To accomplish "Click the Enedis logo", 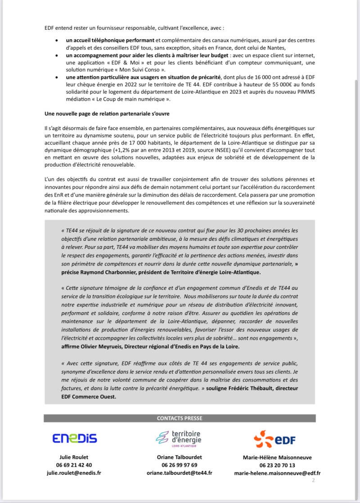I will [74, 438].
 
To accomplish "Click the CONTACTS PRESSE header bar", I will [180, 418].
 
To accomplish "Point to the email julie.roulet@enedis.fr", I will [74, 473].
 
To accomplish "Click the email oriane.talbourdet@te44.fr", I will [180, 473].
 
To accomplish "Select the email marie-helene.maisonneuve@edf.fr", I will [277, 473].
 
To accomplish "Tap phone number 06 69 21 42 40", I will [74, 465].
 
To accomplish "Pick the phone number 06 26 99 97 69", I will [180, 465].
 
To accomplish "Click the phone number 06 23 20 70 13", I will [277, 466].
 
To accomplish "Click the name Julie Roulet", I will [74, 457].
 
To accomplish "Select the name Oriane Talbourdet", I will [180, 457].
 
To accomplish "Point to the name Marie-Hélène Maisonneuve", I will [277, 458].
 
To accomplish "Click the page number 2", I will [313, 481].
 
